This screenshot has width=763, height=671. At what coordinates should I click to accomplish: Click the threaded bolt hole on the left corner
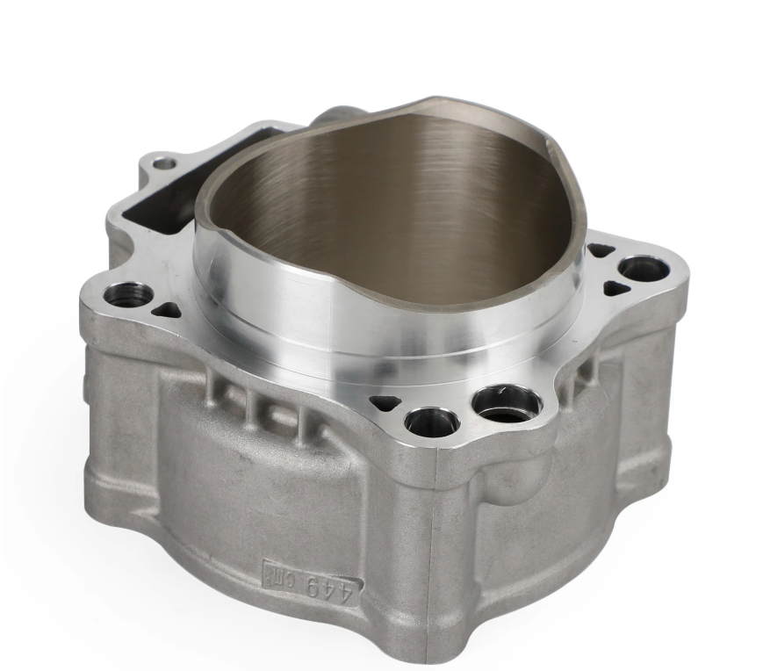coord(128,295)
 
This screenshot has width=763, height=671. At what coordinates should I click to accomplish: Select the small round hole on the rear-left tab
coord(164,163)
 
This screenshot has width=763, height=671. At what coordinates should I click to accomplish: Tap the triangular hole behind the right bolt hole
coord(601,251)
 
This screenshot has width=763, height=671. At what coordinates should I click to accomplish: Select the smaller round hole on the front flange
coord(432,422)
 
